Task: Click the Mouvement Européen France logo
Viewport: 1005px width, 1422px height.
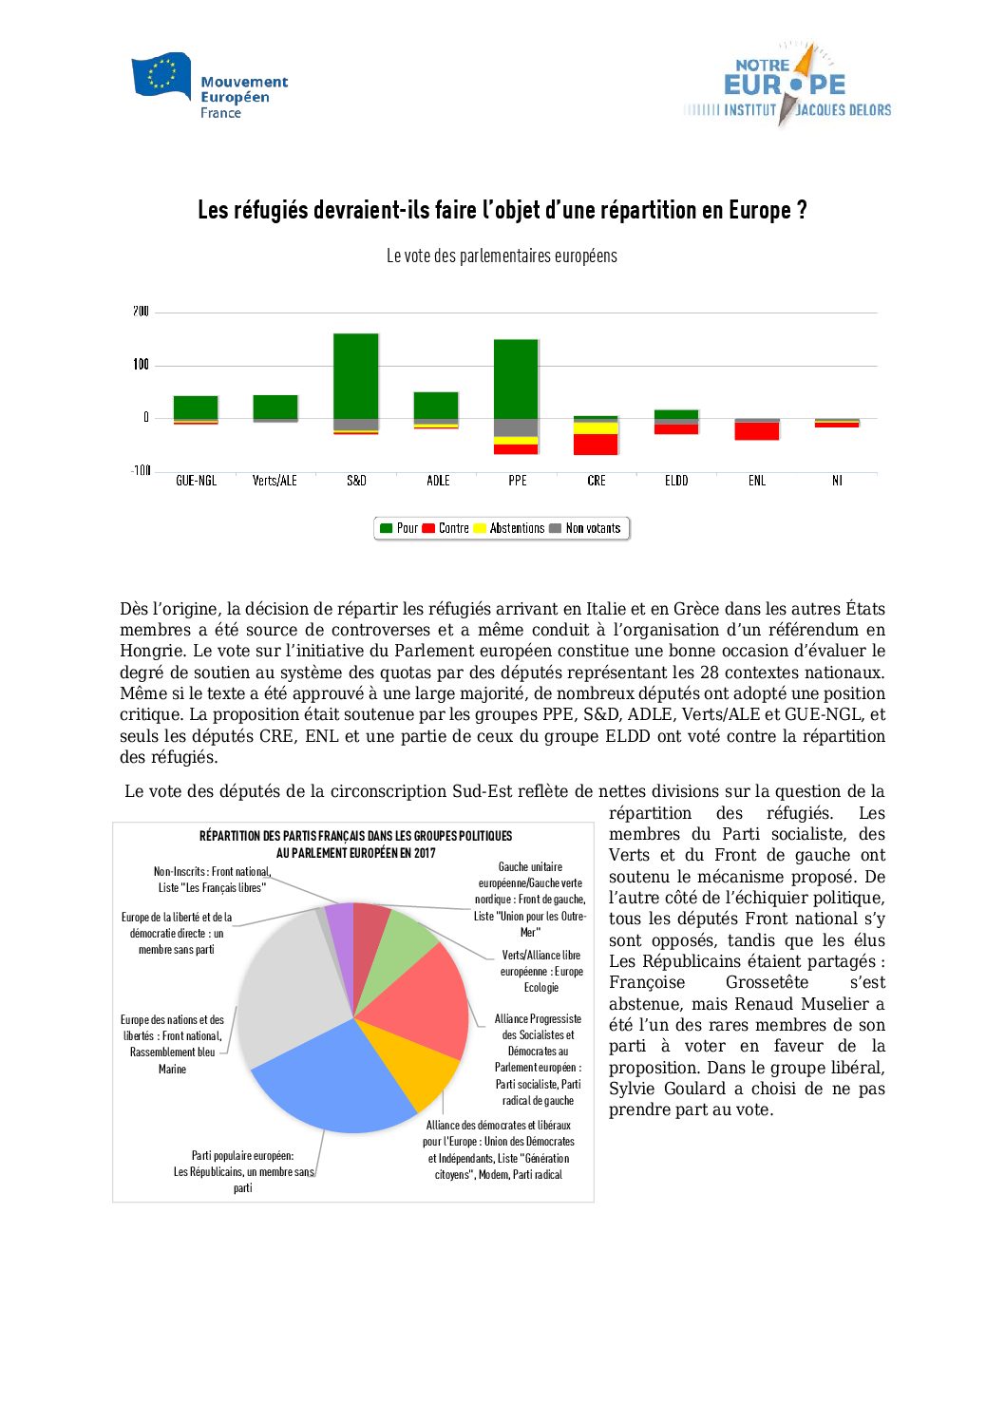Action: (x=209, y=86)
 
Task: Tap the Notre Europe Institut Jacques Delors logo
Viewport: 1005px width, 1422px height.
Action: (x=787, y=85)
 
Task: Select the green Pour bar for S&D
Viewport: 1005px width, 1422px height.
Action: (x=356, y=376)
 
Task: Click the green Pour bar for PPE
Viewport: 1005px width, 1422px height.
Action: (x=516, y=379)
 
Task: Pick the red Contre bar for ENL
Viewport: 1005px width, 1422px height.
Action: (x=757, y=431)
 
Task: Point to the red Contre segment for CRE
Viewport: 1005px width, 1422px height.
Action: (x=596, y=444)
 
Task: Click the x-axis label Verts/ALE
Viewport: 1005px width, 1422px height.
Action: (x=275, y=481)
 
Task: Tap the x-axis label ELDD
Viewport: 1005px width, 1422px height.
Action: (x=676, y=481)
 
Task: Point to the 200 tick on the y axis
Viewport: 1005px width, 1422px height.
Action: (x=141, y=312)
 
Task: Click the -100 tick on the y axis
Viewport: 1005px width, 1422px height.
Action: (x=141, y=470)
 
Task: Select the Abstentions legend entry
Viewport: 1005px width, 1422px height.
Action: (x=510, y=528)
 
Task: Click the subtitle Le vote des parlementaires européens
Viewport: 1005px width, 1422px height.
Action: (x=502, y=256)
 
